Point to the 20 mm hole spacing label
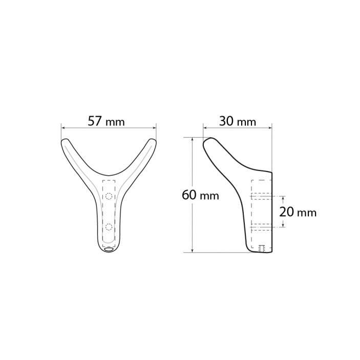coord(299,212)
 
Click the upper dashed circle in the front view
coord(109,196)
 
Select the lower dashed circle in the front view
coord(109,226)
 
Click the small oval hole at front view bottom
coord(108,250)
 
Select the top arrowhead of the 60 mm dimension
coord(193,139)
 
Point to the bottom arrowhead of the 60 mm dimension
coord(193,250)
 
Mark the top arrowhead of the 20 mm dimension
coord(280,198)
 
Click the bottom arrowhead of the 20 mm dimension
coord(280,225)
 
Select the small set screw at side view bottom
coord(262,249)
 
